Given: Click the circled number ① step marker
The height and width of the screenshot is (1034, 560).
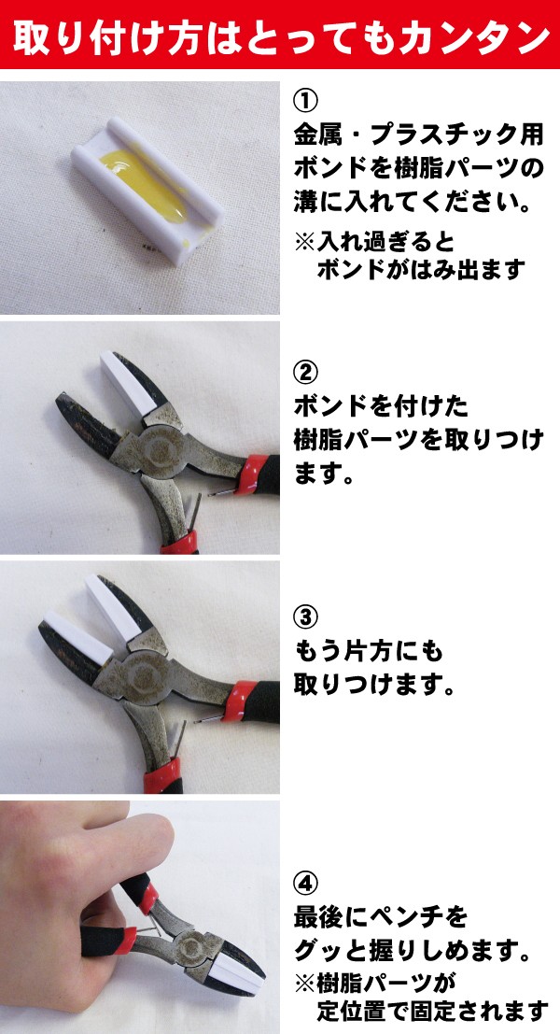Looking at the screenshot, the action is [x=305, y=101].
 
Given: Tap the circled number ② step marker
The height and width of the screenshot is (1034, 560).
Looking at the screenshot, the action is [x=305, y=373].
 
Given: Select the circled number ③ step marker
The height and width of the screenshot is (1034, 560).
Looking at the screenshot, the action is [x=305, y=618].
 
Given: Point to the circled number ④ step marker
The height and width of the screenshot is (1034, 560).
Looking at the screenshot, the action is [x=305, y=882].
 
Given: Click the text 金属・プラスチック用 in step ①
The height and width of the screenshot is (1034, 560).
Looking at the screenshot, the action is [x=419, y=135].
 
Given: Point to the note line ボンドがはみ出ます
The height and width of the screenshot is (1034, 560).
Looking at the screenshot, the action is [x=422, y=270].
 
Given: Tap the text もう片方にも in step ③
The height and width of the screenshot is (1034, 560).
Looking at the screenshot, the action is [x=369, y=652].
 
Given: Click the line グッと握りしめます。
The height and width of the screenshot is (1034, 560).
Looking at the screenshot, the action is [x=413, y=952].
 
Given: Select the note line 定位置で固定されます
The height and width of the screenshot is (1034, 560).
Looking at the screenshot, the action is [x=432, y=1009].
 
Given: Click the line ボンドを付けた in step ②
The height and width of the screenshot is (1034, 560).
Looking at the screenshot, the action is [x=381, y=407].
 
